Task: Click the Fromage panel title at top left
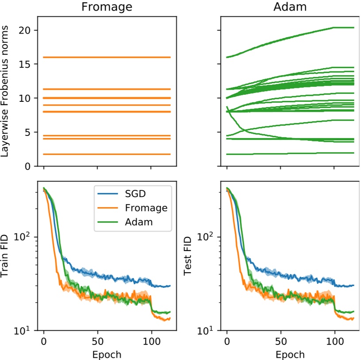(x=107, y=8)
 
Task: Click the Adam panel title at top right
(x=290, y=8)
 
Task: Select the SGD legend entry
(x=136, y=194)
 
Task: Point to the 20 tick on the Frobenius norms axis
(x=25, y=30)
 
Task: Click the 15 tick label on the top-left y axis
(x=25, y=64)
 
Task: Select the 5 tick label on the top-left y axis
(x=28, y=132)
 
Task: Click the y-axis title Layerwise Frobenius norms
(x=7, y=92)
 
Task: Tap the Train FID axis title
(x=7, y=256)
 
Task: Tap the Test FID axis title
(x=188, y=256)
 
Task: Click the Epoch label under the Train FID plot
(x=107, y=354)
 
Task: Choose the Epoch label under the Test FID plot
(x=290, y=354)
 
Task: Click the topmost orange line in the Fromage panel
(x=106, y=57)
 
